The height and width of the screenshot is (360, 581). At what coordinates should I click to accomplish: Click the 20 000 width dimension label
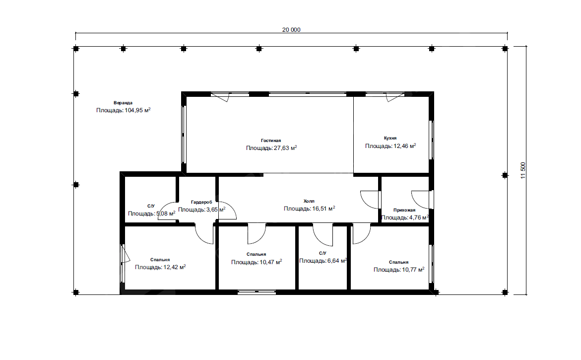[291, 30]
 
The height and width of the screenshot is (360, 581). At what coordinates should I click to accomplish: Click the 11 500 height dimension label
[523, 170]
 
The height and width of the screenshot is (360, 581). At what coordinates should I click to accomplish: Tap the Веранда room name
[123, 103]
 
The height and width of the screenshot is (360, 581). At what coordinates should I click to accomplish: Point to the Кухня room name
[390, 138]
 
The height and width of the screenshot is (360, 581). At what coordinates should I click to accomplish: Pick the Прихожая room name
[404, 210]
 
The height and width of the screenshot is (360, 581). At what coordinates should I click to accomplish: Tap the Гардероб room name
[201, 202]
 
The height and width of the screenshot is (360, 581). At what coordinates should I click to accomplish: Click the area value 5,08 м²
[166, 214]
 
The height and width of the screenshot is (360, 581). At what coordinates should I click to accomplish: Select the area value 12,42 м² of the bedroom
[175, 267]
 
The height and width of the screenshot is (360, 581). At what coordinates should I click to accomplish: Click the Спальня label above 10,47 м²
[257, 254]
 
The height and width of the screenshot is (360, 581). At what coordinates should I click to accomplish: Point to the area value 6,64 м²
[337, 261]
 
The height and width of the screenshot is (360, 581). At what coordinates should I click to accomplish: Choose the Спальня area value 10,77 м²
[413, 270]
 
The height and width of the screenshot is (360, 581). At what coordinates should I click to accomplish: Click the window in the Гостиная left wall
[184, 135]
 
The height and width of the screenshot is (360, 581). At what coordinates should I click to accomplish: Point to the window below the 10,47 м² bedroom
[257, 292]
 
